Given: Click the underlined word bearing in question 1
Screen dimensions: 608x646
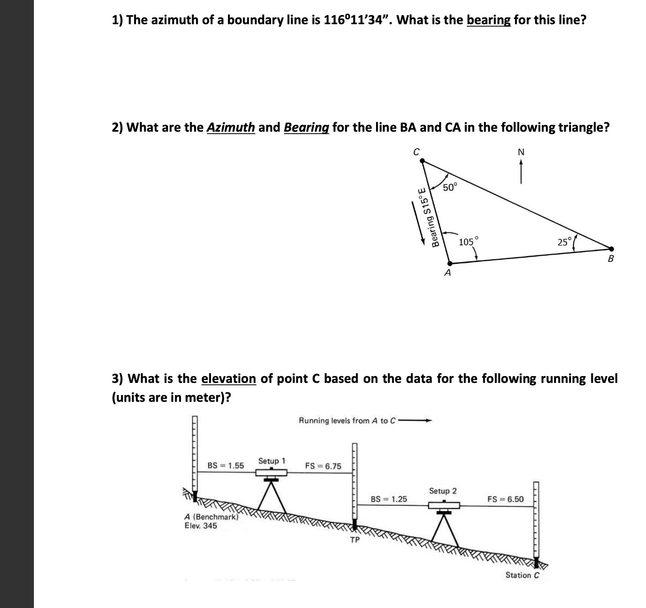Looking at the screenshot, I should [x=488, y=20].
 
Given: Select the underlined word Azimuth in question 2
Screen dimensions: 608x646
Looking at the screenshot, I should [x=231, y=127].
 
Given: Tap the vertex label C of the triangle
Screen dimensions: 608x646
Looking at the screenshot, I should [x=416, y=152].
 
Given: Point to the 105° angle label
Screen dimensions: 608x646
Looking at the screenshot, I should [x=468, y=242].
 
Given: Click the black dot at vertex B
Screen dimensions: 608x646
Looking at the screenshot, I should [x=611, y=248].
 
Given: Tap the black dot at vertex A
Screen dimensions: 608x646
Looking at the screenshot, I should [x=450, y=264].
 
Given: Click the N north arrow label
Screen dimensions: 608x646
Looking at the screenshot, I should [x=521, y=152].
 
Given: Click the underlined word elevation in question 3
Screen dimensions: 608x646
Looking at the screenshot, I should [x=228, y=379].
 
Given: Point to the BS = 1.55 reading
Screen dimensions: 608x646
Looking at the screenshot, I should [x=225, y=466].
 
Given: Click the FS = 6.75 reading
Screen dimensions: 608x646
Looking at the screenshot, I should [x=323, y=466].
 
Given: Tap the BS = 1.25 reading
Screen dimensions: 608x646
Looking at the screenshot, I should [x=389, y=499].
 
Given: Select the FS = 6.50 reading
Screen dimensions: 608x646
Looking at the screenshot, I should [x=505, y=499].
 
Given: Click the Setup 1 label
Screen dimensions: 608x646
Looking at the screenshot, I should [x=271, y=461].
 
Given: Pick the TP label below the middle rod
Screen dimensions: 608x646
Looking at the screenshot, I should [x=355, y=540].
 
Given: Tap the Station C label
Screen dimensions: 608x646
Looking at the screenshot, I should [x=522, y=575].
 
